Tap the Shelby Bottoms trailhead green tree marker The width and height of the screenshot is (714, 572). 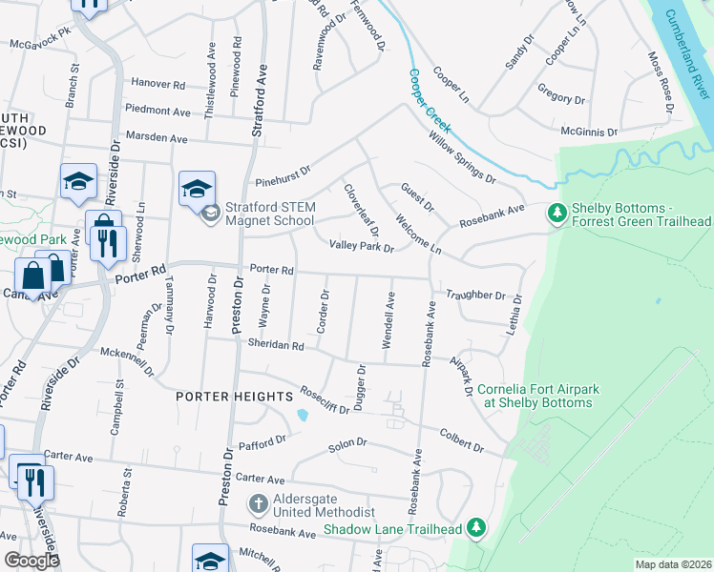556,214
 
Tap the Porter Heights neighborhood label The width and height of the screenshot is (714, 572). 234,396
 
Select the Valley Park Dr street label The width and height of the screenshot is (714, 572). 362,246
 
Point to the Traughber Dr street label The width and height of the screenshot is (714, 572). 473,296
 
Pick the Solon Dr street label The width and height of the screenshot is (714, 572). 347,444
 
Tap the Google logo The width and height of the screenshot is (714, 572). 32,561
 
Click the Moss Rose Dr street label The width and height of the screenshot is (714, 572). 661,82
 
